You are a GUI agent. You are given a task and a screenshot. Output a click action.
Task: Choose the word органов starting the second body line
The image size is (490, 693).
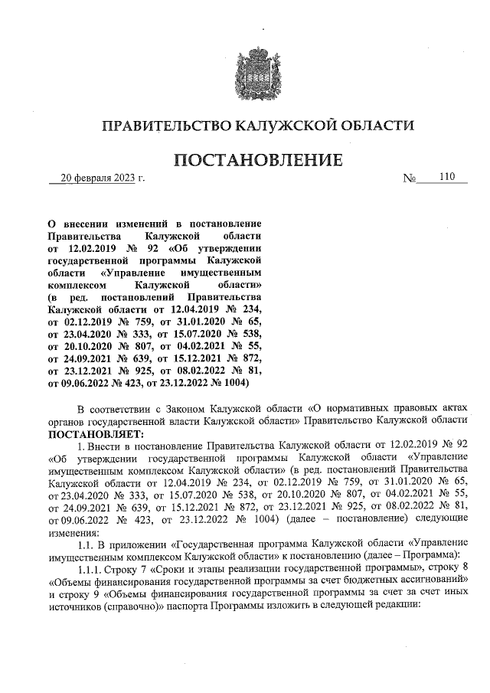(x=68, y=420)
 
